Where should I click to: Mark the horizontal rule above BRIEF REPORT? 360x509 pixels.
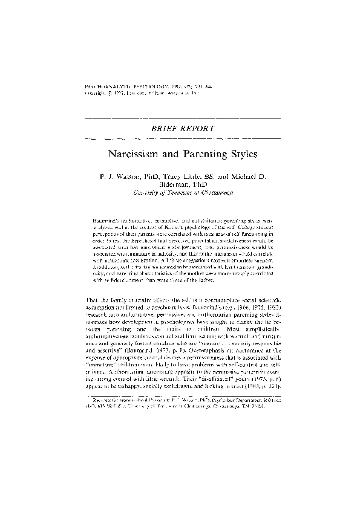point(180,116)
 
